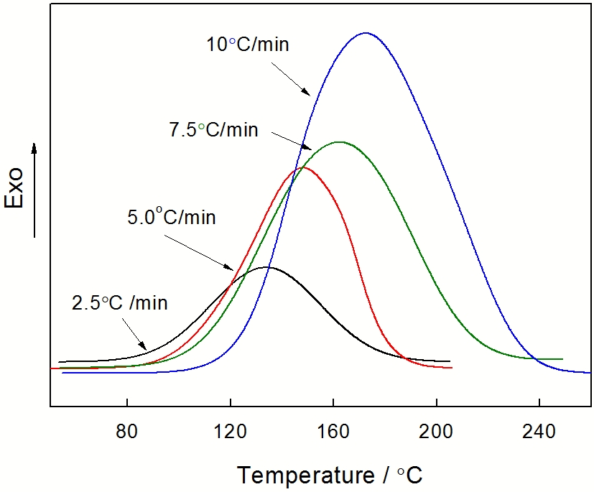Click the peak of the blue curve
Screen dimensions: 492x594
(366, 33)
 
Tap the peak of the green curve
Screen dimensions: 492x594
(338, 142)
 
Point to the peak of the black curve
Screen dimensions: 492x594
(266, 267)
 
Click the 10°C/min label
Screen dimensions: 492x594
(248, 45)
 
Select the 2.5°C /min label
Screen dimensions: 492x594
(120, 302)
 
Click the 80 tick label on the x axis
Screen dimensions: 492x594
(126, 433)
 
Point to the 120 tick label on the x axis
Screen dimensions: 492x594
(230, 433)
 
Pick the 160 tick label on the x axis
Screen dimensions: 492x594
(333, 433)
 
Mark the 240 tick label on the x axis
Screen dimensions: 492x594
(539, 433)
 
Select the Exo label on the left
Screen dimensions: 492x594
(15, 188)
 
